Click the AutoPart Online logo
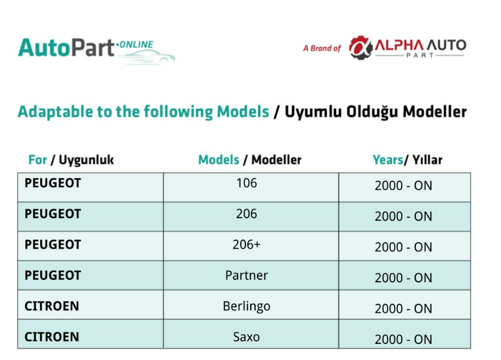[x=96, y=50]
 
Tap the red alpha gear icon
[x=360, y=48]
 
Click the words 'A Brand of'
[x=322, y=48]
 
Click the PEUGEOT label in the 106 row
[x=53, y=183]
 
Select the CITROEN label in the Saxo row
[x=51, y=337]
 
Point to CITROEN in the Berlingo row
[x=51, y=306]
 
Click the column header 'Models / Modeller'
[x=250, y=160]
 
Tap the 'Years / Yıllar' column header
[x=408, y=160]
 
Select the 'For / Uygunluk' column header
[x=71, y=160]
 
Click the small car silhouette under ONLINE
[x=148, y=57]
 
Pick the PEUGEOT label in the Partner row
[x=53, y=276]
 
